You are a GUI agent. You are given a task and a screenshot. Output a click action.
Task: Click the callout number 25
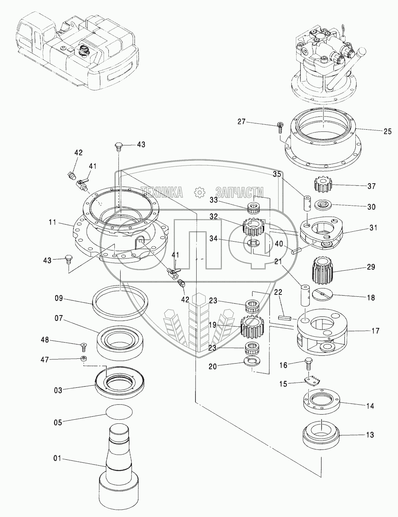coord(387,131)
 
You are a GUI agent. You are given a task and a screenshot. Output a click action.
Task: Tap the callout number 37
coord(371,186)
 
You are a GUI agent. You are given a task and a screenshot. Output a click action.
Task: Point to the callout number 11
coord(52,222)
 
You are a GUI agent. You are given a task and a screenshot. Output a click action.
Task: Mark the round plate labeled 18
coord(322,295)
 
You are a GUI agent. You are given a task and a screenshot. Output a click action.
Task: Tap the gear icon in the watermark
coord(200,192)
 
